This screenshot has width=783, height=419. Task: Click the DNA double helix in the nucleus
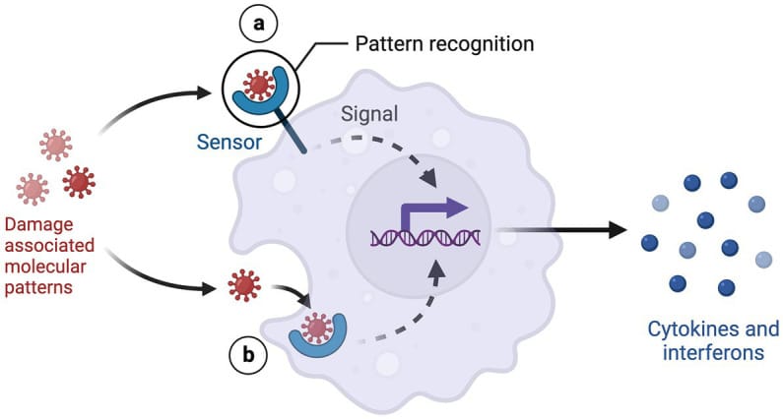click(424, 237)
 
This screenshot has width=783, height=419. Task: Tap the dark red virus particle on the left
click(79, 182)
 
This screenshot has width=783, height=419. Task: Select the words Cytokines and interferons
click(714, 340)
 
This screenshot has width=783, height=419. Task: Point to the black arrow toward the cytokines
click(562, 232)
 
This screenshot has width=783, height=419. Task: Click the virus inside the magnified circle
click(259, 86)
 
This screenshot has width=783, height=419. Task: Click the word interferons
click(714, 352)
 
